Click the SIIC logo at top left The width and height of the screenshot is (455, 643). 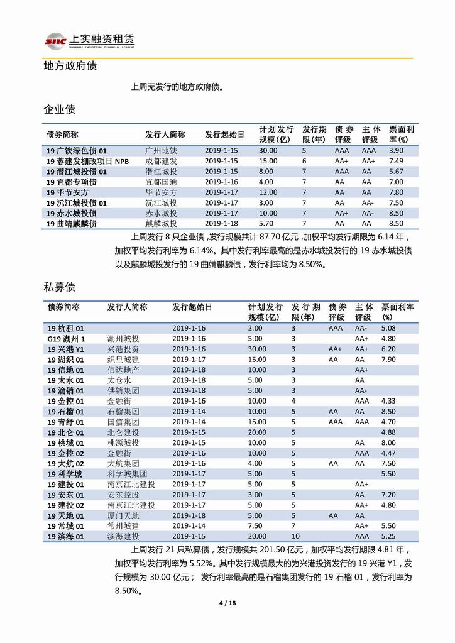pos(55,41)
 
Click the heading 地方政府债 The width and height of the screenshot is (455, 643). pos(69,65)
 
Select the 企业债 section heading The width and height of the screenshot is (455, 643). pos(59,109)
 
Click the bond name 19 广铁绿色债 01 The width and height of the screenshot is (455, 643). pos(77,151)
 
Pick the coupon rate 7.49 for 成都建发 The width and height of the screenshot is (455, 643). pos(396,161)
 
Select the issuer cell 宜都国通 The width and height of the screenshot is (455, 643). pos(161,182)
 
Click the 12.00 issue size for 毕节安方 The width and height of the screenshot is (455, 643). pos(268,192)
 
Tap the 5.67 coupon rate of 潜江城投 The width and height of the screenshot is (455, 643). pos(396,172)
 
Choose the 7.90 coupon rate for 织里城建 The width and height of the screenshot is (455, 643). pos(389,359)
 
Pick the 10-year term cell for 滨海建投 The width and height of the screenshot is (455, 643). pos(295,536)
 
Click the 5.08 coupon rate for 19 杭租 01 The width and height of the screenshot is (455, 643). pos(389,328)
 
